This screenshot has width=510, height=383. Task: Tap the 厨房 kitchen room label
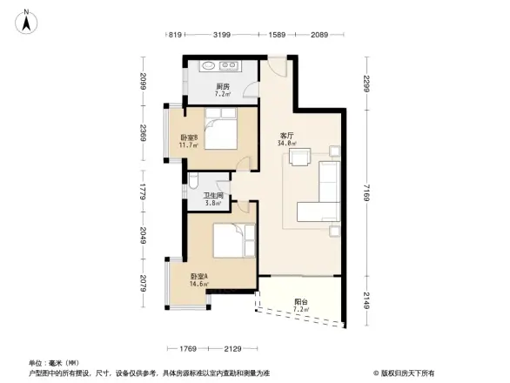[x=223, y=86]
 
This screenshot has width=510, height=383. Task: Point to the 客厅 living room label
[x=285, y=135]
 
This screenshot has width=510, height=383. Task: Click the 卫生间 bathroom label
[x=213, y=196]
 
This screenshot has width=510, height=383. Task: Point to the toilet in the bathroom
[x=195, y=184]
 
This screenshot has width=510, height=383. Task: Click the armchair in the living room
[x=302, y=158]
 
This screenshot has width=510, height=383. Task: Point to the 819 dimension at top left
[x=175, y=35]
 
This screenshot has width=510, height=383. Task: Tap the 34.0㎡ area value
[x=285, y=144]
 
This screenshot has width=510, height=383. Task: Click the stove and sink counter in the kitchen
[x=219, y=65]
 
